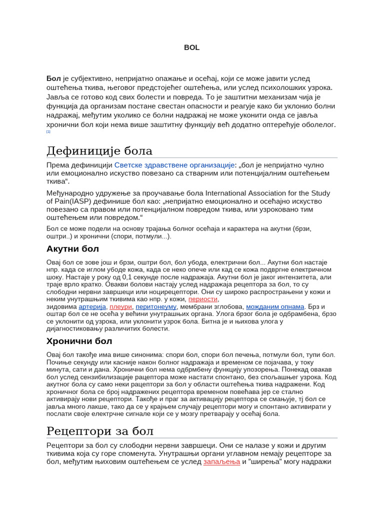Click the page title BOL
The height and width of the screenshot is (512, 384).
191,47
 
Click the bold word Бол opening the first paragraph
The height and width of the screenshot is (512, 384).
53,78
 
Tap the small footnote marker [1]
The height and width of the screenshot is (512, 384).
48,131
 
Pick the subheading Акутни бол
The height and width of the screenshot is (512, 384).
72,248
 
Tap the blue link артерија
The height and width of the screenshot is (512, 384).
92,306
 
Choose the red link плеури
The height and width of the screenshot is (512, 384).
120,306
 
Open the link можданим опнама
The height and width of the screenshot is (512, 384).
275,306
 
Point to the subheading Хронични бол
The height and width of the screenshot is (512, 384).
79,341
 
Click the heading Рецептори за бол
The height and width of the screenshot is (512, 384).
100,431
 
